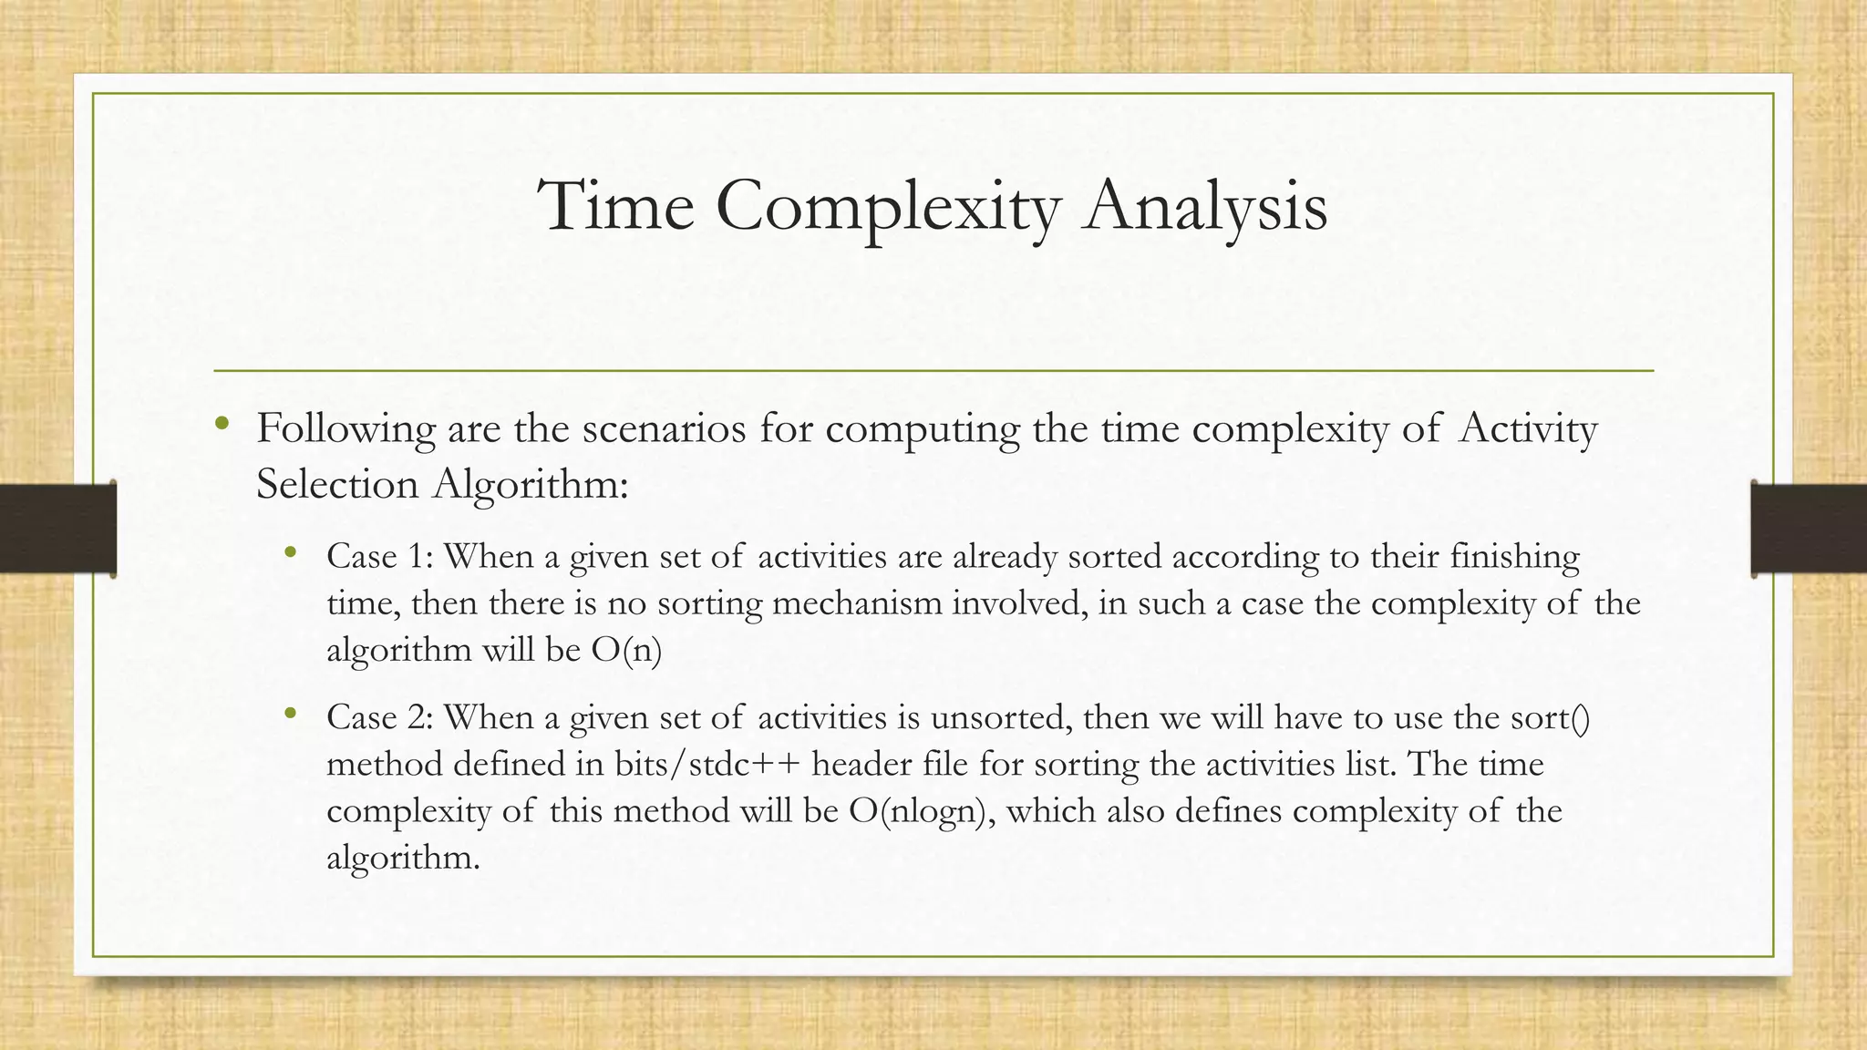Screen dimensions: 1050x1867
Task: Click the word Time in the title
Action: pos(616,206)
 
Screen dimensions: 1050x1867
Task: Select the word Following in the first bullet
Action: pos(346,428)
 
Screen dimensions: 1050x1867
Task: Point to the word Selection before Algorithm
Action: pos(336,483)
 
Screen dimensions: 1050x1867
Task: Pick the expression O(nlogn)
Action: pos(922,810)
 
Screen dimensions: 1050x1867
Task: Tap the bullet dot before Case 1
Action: pos(291,552)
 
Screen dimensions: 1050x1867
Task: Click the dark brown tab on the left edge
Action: pos(57,529)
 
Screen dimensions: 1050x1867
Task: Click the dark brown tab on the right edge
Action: pos(1809,529)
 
